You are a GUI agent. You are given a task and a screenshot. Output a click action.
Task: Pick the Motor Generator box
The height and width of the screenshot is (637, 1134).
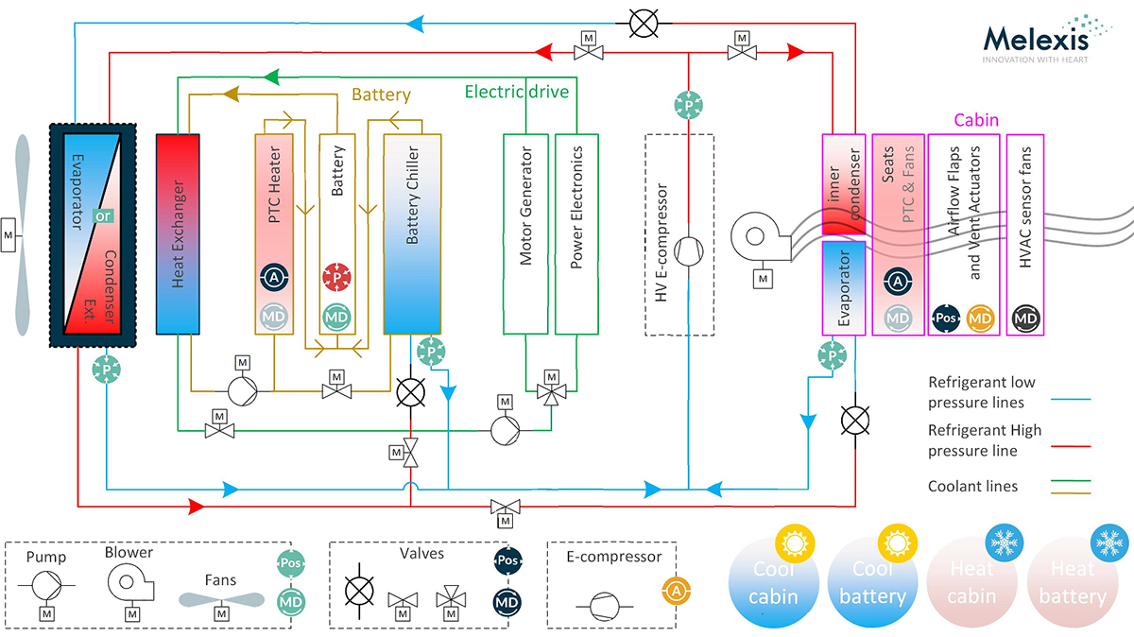(525, 232)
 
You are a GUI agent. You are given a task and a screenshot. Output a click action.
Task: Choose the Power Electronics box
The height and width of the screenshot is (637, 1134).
(576, 232)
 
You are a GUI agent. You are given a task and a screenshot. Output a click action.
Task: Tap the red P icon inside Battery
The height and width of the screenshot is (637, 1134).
(336, 278)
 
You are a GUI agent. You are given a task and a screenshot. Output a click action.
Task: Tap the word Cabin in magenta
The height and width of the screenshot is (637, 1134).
(976, 121)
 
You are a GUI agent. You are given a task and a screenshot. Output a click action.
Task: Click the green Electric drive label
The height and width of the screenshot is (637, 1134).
(516, 93)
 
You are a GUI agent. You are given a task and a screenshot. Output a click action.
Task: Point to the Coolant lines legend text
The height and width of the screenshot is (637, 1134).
(972, 487)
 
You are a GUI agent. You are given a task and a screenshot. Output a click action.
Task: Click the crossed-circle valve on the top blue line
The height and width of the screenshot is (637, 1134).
(643, 24)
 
